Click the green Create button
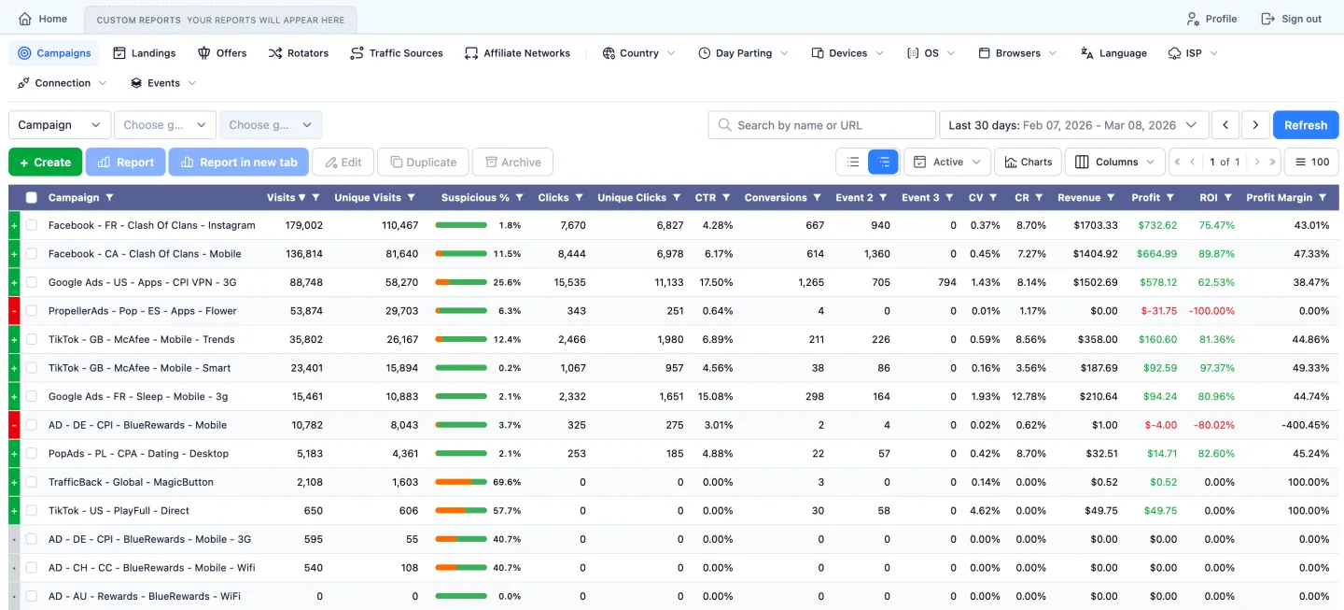click(x=45, y=162)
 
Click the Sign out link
click(x=1292, y=19)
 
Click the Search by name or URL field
click(x=821, y=125)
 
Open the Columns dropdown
click(x=1115, y=162)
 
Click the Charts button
click(x=1028, y=162)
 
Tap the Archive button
click(x=512, y=162)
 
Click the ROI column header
click(x=1208, y=197)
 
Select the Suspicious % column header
click(x=475, y=197)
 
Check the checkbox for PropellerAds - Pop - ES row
click(x=32, y=311)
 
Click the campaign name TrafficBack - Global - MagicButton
click(x=131, y=482)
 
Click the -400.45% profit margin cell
click(x=1305, y=425)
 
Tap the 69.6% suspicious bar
click(x=461, y=482)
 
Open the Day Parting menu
click(x=743, y=53)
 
